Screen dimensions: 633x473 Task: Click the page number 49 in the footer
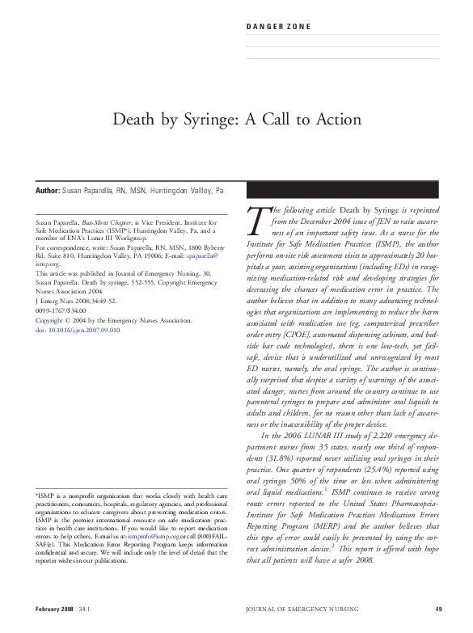click(437, 609)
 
